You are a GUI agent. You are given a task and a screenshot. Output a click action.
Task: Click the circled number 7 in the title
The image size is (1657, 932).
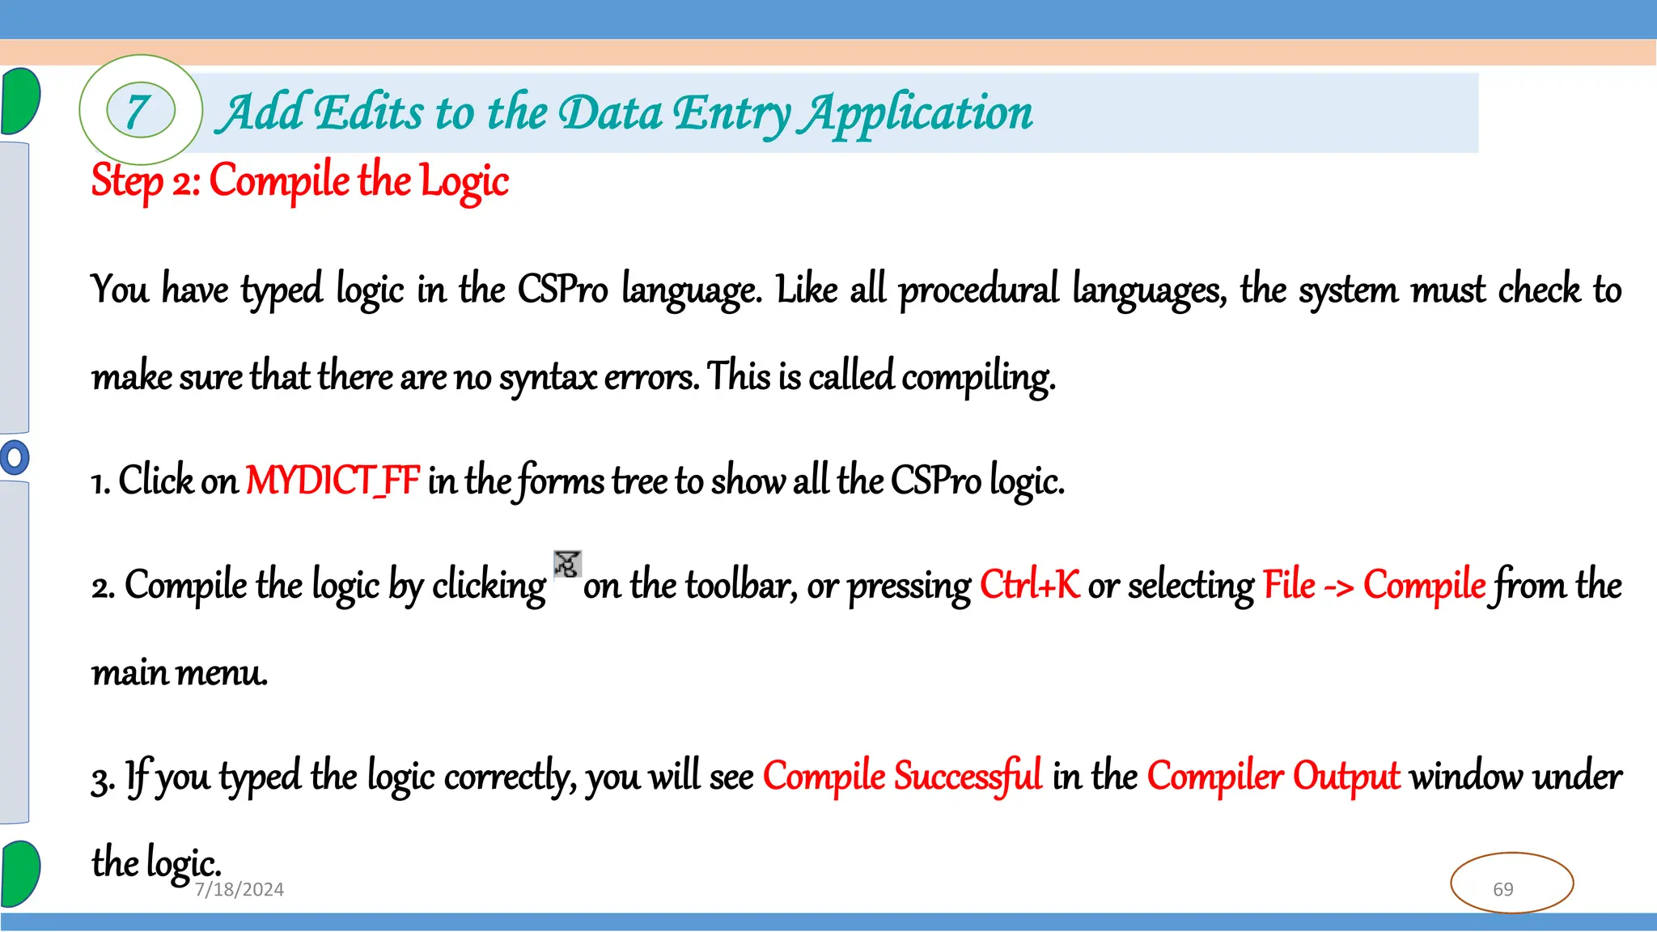(140, 112)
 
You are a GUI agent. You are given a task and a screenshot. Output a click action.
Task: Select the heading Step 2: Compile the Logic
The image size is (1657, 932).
(300, 180)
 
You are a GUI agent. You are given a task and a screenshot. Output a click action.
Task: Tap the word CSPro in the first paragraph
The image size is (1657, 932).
(562, 290)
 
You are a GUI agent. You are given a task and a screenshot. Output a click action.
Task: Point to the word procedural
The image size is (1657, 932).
(978, 290)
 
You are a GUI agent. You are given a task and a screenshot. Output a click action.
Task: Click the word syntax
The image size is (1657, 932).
(547, 377)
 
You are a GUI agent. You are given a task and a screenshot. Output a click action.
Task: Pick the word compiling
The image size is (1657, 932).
(978, 377)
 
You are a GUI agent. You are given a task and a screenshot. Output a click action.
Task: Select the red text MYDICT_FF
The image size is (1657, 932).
(333, 481)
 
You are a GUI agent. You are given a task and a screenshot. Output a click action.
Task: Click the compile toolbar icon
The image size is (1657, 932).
(567, 564)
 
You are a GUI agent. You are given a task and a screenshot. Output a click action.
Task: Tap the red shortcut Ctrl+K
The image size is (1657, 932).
(1029, 585)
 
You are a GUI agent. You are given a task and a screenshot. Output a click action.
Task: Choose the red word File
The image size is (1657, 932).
(1289, 585)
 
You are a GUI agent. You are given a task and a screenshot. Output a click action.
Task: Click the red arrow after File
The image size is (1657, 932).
(1339, 587)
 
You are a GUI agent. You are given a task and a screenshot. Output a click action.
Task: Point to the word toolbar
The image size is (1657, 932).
(738, 585)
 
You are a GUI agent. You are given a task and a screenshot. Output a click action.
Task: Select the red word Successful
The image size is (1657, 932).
(968, 776)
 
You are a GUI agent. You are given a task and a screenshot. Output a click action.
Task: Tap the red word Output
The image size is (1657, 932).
(1346, 776)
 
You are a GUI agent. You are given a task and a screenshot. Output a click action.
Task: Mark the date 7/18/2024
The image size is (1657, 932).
(239, 890)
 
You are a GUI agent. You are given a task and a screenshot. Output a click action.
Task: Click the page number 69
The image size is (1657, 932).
(1503, 889)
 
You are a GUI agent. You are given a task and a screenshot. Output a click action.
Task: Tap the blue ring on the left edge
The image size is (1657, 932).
(14, 458)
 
